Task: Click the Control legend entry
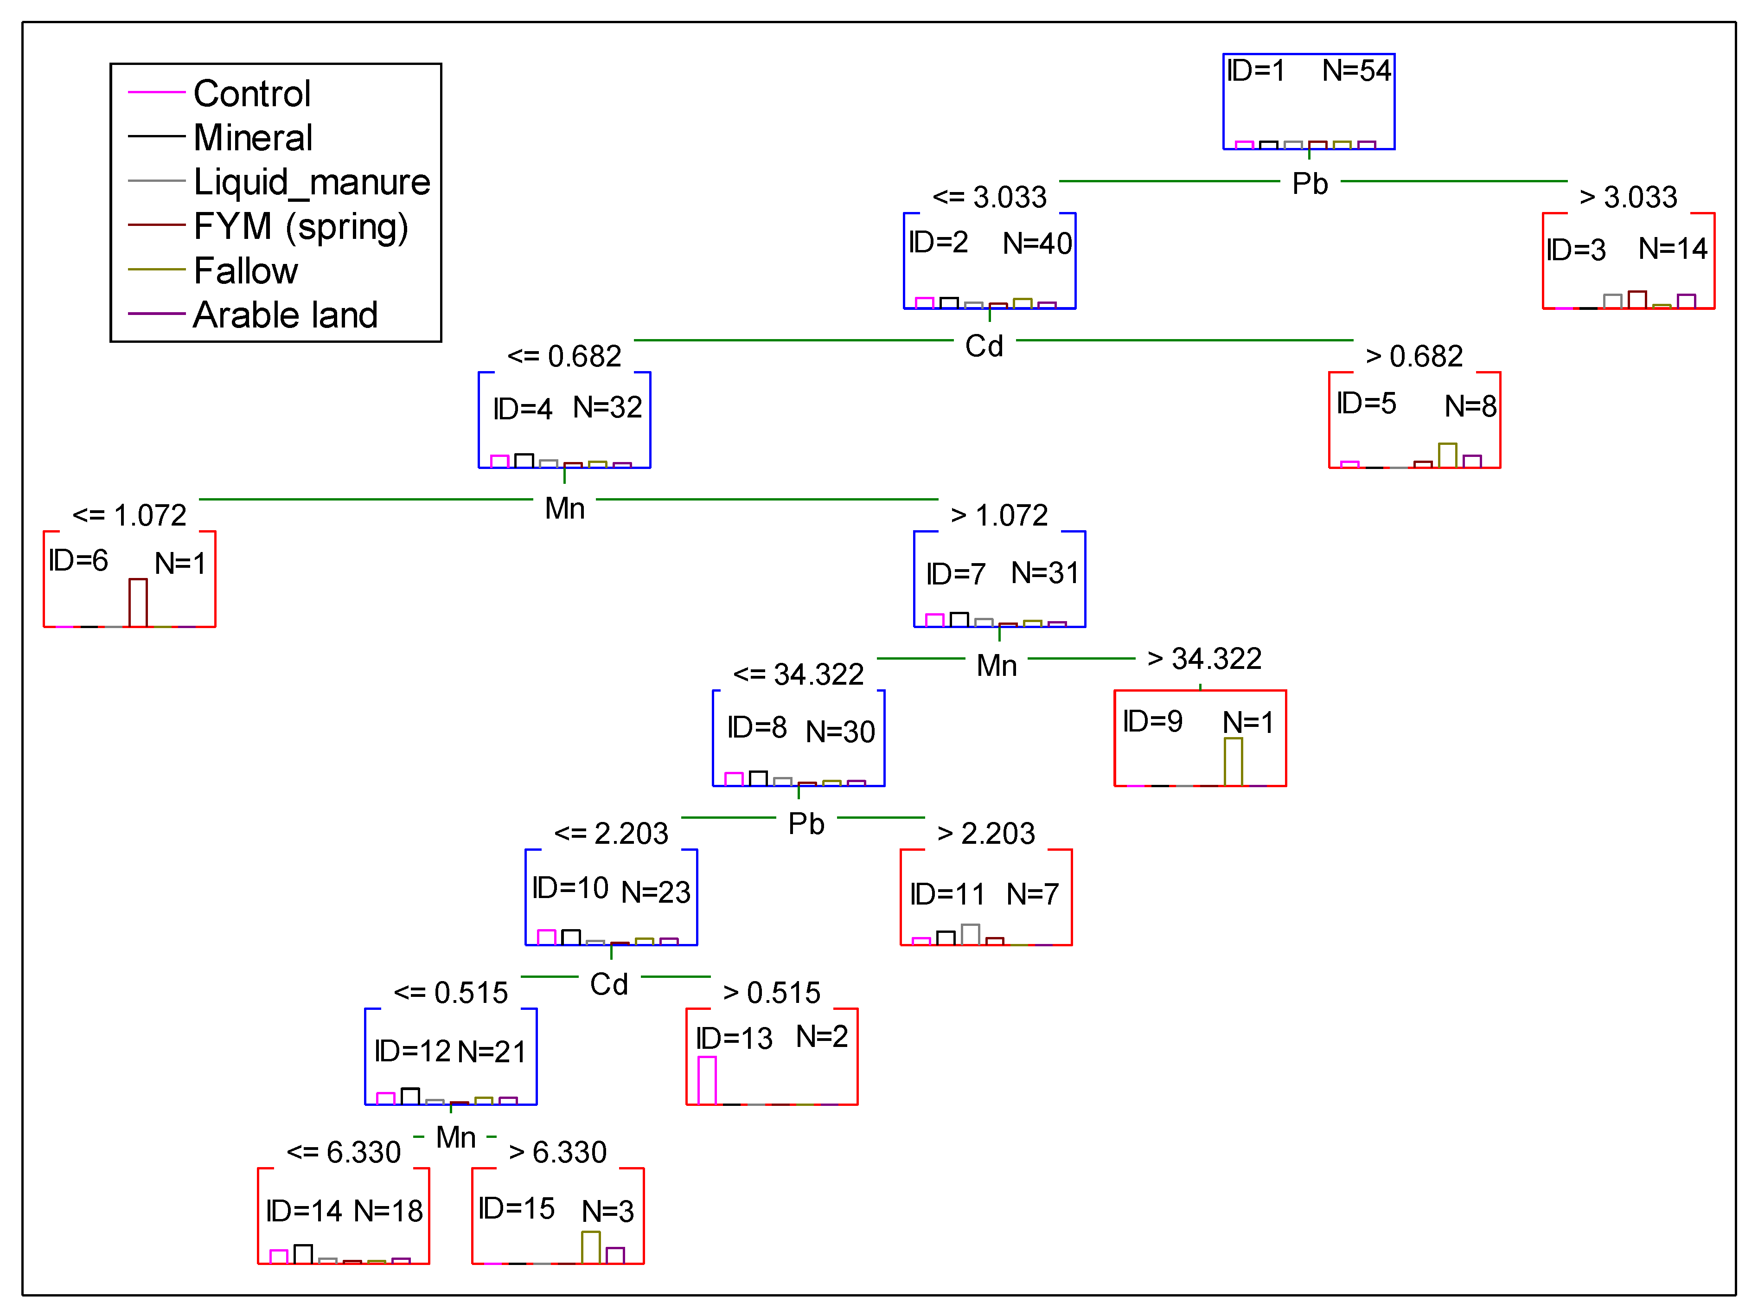click(251, 94)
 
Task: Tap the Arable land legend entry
click(285, 315)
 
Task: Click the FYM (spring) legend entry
click(300, 227)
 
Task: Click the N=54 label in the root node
click(1356, 71)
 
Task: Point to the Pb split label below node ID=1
click(1309, 184)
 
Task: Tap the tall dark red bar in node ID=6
click(138, 603)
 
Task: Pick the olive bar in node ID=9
click(1233, 762)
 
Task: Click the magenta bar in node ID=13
click(707, 1080)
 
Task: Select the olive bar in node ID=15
click(590, 1247)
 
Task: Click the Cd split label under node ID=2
click(984, 346)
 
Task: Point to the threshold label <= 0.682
click(564, 356)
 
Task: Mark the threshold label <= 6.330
click(343, 1152)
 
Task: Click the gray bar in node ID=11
click(970, 934)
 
